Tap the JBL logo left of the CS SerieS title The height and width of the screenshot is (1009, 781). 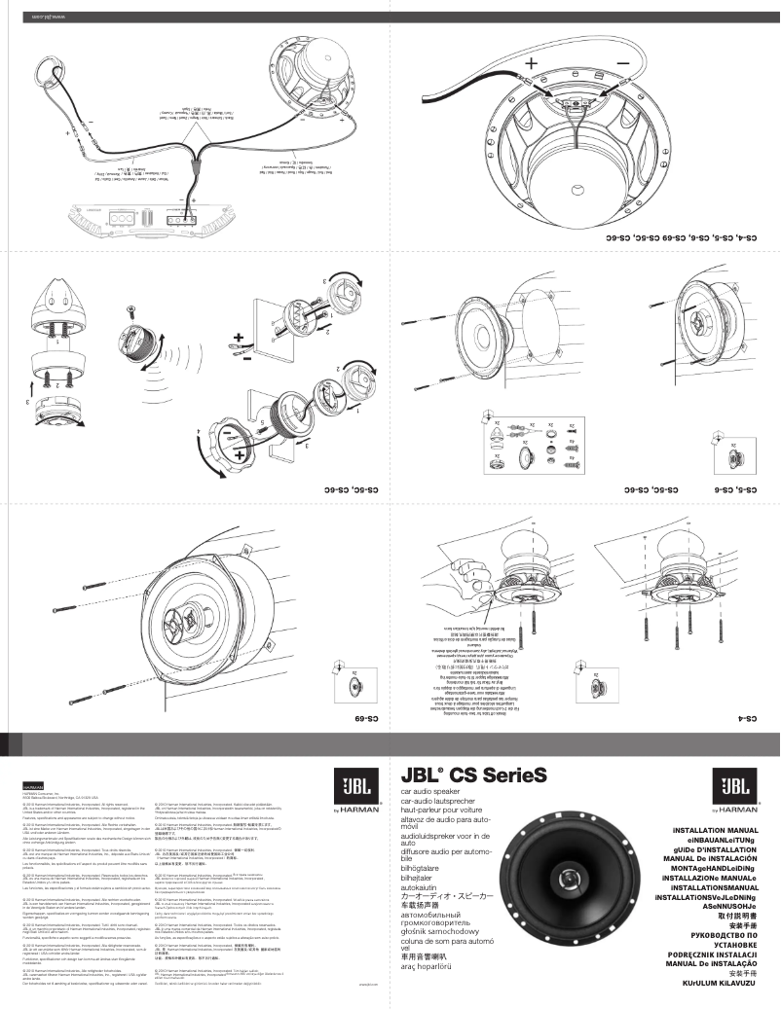(x=353, y=781)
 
